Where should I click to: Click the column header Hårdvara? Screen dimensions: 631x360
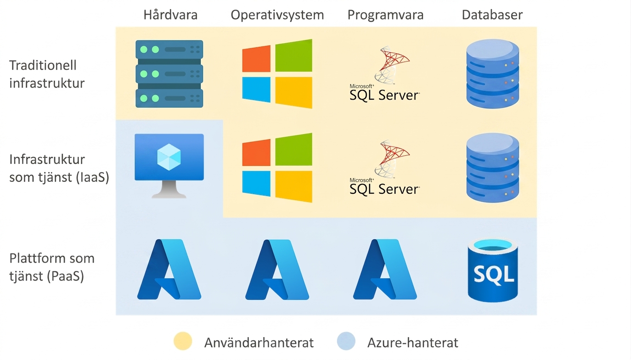[x=170, y=15]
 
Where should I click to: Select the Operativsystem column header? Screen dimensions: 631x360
[x=277, y=15]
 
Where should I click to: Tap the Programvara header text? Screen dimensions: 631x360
[x=385, y=15]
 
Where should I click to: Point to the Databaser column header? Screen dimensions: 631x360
[x=492, y=15]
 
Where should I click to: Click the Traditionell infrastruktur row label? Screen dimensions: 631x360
[x=47, y=74]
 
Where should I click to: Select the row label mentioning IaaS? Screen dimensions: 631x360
[x=59, y=168]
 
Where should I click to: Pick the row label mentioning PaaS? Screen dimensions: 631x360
[x=52, y=267]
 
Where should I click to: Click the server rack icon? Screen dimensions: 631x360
[x=169, y=74]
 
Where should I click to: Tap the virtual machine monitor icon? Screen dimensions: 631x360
[x=169, y=166]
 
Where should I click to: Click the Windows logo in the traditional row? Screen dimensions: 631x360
[x=277, y=74]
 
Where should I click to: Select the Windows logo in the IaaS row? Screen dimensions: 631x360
[x=277, y=168]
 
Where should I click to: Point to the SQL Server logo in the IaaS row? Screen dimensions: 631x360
[x=385, y=167]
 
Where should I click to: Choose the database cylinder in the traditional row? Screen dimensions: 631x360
[x=492, y=73]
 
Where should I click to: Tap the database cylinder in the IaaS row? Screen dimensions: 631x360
[x=492, y=168]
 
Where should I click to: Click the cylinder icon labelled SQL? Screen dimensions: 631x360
[x=493, y=270]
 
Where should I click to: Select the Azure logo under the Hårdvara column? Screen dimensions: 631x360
[x=169, y=269]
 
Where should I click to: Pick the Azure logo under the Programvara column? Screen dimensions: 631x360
[x=385, y=269]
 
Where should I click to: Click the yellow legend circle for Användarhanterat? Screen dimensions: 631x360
[x=183, y=341]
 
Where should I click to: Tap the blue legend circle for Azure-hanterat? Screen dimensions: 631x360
[x=346, y=341]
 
